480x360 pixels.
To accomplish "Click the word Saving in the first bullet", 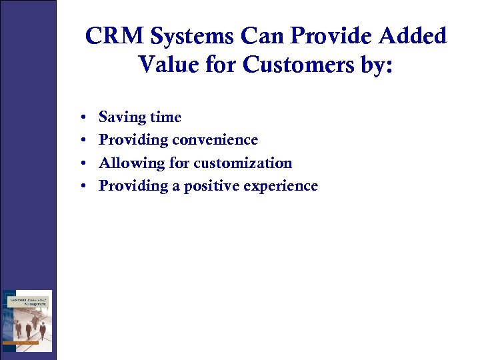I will tap(122, 117).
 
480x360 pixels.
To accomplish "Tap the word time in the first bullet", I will tap(165, 117).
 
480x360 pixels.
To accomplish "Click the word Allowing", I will tap(131, 163).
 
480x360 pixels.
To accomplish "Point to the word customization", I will tap(243, 163).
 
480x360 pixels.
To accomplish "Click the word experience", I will tap(283, 186).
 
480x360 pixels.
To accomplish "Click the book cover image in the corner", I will tap(27, 321).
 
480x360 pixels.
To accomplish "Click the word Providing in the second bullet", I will tap(133, 140).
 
